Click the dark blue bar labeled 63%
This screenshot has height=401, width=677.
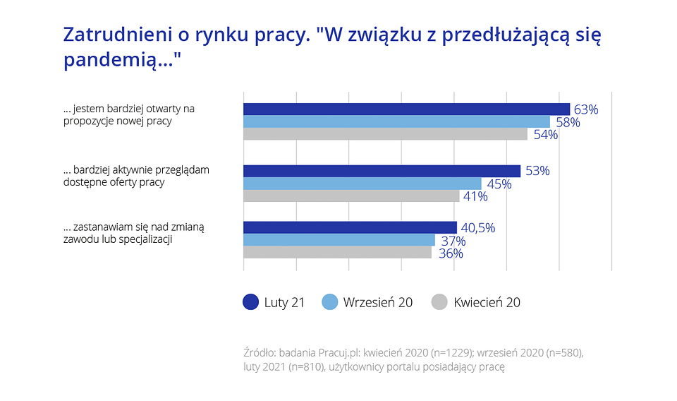click(x=406, y=109)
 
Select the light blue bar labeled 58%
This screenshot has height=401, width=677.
click(x=396, y=121)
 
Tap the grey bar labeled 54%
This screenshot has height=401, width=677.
click(x=385, y=134)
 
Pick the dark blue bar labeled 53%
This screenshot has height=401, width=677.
click(x=382, y=171)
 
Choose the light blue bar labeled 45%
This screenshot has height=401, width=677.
click(x=362, y=184)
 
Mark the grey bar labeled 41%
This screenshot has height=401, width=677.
click(x=351, y=196)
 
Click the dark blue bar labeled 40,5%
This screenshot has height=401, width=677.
click(x=350, y=227)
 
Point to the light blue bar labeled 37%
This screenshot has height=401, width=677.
click(x=339, y=240)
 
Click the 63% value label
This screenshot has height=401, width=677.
click(x=586, y=109)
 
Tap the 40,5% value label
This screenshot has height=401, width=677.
click(x=478, y=228)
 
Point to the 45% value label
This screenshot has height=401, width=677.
click(x=499, y=184)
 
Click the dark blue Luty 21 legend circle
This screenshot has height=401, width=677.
click(x=250, y=302)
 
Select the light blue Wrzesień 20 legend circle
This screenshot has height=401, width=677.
click(x=329, y=302)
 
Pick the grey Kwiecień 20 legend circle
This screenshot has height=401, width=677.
click(x=439, y=302)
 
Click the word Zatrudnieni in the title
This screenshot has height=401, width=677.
click(x=113, y=35)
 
